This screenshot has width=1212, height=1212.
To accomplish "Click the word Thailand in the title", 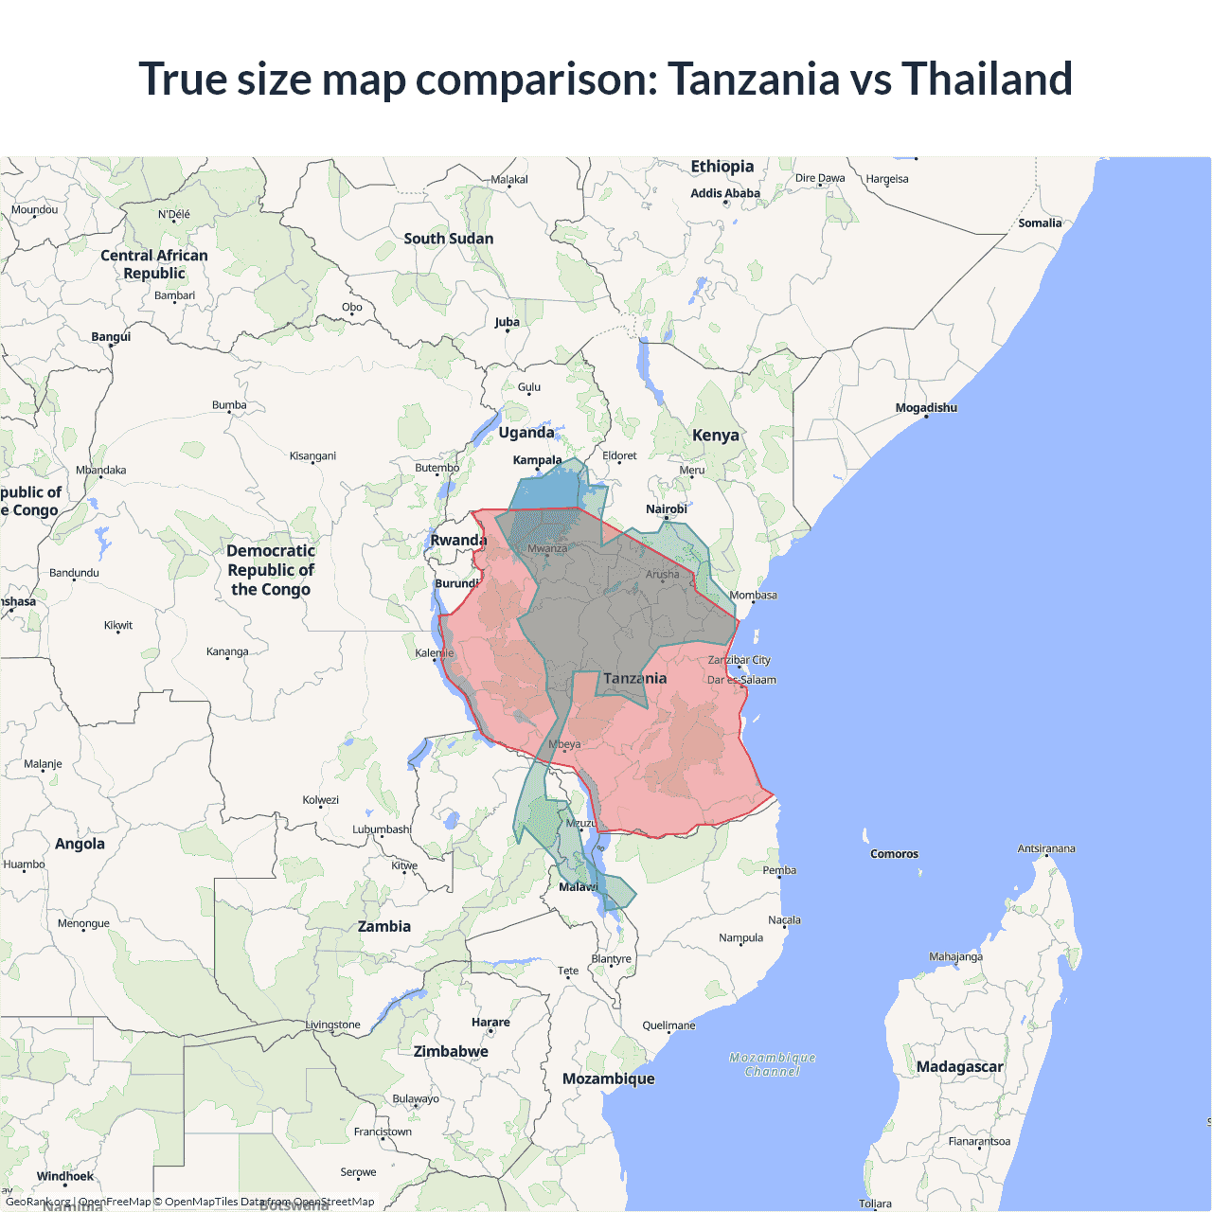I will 987,79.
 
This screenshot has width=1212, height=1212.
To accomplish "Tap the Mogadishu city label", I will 926,408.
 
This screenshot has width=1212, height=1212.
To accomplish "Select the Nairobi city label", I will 667,509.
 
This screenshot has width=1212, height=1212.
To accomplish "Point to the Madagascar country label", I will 959,1067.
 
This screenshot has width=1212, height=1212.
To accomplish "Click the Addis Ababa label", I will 725,193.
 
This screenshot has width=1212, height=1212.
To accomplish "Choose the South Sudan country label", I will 449,239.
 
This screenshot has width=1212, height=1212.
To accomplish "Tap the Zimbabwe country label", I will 451,1052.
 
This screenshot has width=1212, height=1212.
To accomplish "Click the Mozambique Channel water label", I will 773,1064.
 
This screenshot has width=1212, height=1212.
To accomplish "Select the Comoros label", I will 894,854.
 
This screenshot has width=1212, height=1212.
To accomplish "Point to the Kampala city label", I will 537,460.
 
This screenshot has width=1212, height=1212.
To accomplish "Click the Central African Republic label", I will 154,264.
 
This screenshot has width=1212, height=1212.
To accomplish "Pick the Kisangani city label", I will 312,456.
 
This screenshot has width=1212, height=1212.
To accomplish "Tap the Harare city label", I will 490,1023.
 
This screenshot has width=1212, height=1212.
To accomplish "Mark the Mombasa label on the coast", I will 753,596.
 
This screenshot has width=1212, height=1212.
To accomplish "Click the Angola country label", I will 80,844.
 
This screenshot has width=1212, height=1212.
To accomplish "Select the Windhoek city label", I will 65,1177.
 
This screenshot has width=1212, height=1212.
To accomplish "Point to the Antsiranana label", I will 1046,849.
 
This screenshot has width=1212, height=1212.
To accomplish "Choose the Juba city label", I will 507,322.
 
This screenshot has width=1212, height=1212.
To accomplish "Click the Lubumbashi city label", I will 382,829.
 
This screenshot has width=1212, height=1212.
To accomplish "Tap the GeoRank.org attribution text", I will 38,1202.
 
